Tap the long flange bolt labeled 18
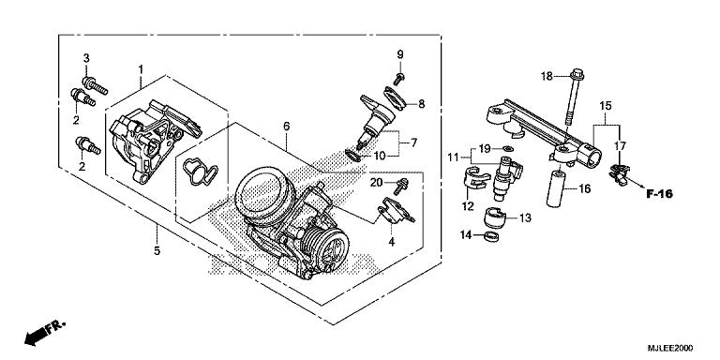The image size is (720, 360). pos(573,103)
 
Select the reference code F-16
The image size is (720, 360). pos(662,195)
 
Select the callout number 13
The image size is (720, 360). pos(524,217)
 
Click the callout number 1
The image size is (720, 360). pos(141,70)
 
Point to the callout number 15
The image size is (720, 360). pos(605,105)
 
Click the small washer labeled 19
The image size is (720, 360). pos(507,149)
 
